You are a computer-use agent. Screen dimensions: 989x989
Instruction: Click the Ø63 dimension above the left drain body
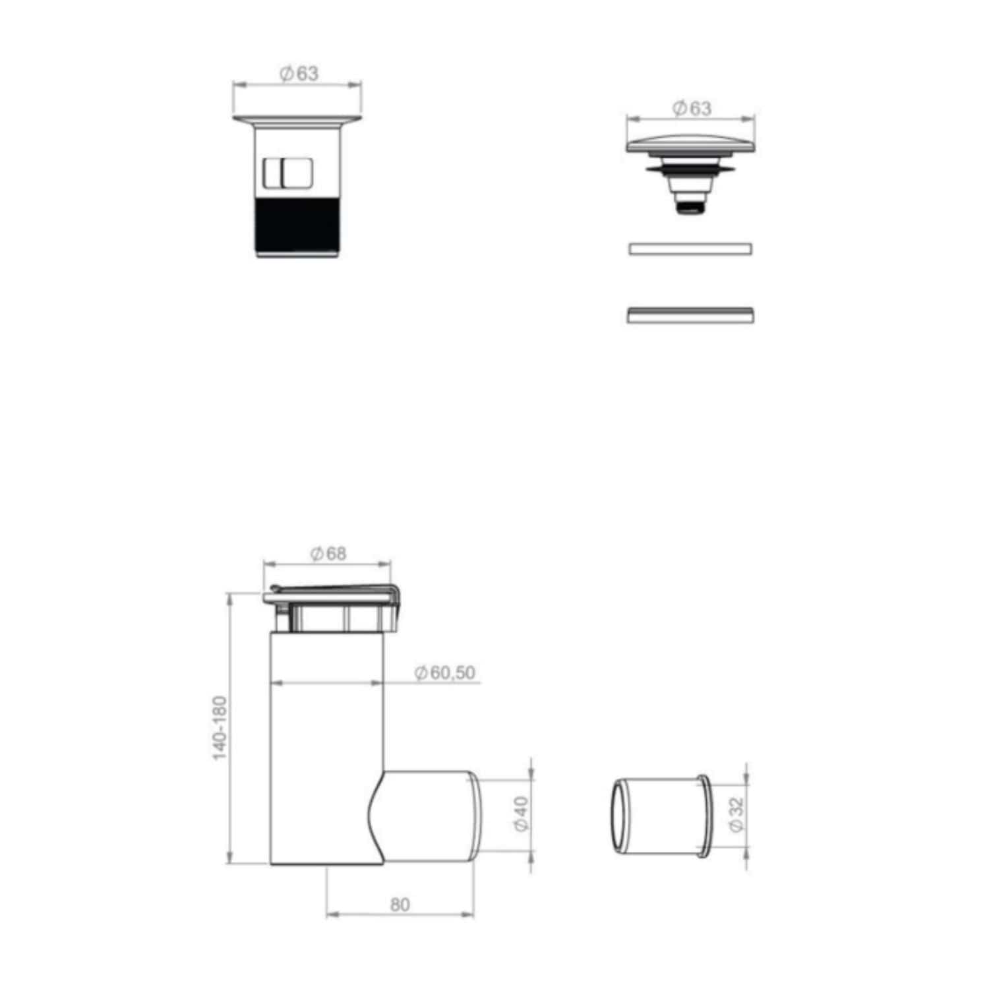[x=299, y=74]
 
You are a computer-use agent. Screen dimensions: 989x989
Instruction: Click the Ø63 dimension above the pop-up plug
[x=692, y=108]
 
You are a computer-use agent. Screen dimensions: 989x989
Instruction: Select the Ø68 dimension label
[x=328, y=554]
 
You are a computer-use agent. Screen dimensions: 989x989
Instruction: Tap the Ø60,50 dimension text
[x=444, y=673]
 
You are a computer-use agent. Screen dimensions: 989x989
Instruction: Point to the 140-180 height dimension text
[x=220, y=728]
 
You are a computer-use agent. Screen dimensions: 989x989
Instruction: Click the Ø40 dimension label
[x=521, y=814]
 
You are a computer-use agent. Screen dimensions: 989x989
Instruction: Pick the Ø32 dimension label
[x=736, y=814]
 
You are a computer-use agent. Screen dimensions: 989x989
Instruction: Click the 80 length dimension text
[x=400, y=905]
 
